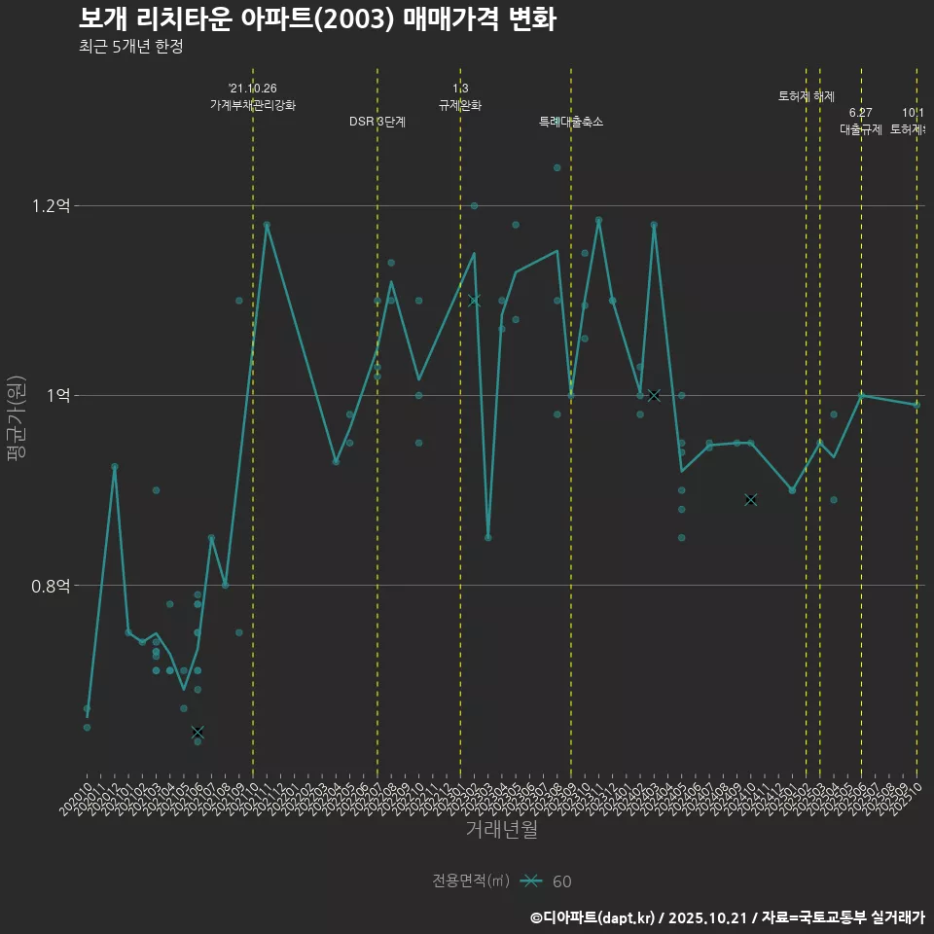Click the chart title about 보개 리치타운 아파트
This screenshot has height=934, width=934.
(x=317, y=18)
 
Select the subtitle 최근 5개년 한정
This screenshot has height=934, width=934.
(x=130, y=47)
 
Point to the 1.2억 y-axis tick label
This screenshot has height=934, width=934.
(x=51, y=206)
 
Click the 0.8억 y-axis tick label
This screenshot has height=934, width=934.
(x=51, y=586)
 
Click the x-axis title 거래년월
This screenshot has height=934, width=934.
(x=501, y=829)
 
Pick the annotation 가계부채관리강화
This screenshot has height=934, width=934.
(x=253, y=105)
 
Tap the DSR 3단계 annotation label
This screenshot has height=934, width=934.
(x=377, y=122)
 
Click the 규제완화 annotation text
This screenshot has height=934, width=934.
(x=460, y=105)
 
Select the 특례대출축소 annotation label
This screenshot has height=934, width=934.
(x=571, y=122)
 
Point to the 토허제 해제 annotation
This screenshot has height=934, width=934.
(x=807, y=96)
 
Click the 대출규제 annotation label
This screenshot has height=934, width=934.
(x=861, y=129)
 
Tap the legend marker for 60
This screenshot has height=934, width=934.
(x=530, y=881)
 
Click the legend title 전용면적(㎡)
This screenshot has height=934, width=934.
(x=471, y=881)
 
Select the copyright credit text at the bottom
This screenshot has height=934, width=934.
(x=727, y=916)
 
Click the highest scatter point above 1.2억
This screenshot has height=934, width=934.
(x=557, y=167)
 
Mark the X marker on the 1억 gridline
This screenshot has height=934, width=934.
(x=654, y=395)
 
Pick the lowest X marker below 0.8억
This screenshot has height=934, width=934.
(x=198, y=732)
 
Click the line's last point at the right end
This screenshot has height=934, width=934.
(x=916, y=405)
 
